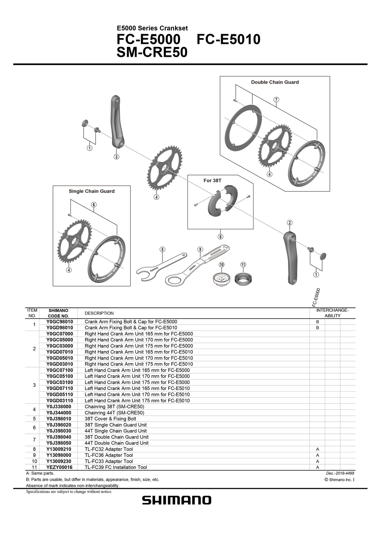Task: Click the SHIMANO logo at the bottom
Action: click(176, 501)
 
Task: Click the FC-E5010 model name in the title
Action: click(229, 40)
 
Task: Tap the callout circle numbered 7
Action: click(277, 99)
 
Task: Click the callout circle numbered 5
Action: click(220, 237)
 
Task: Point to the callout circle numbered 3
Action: click(117, 157)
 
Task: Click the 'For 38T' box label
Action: click(212, 180)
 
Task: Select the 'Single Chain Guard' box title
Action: click(91, 191)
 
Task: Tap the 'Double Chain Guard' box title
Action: click(275, 82)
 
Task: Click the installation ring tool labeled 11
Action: click(243, 279)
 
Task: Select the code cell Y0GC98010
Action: click(59, 322)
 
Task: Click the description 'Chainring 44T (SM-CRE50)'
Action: click(114, 413)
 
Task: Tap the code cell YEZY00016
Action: click(59, 467)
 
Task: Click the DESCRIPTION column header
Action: click(99, 313)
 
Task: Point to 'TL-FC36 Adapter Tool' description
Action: click(109, 455)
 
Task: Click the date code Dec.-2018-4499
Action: click(336, 473)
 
